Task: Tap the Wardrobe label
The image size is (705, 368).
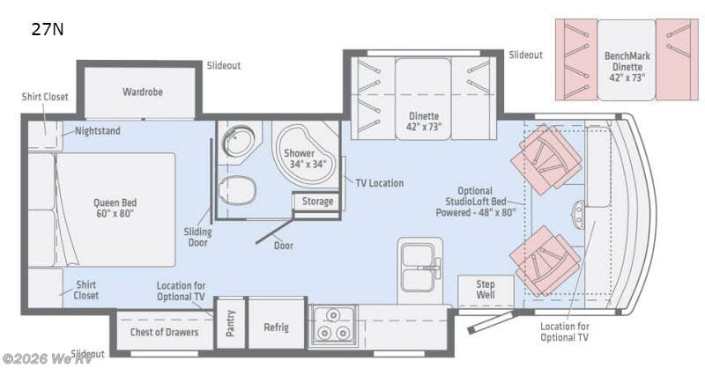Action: point(143,92)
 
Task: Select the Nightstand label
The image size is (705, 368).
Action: point(98,131)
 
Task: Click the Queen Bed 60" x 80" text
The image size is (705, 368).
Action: point(115,209)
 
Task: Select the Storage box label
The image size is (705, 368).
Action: point(317,202)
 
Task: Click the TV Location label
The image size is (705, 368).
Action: point(379,183)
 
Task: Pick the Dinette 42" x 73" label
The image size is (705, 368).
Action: point(424,121)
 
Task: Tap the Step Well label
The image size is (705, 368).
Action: point(486,291)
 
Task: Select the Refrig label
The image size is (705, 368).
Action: point(276,328)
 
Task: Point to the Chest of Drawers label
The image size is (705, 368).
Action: point(160,332)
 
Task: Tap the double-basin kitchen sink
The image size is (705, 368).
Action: point(419,263)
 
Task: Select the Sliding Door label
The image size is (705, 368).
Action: point(198,236)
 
